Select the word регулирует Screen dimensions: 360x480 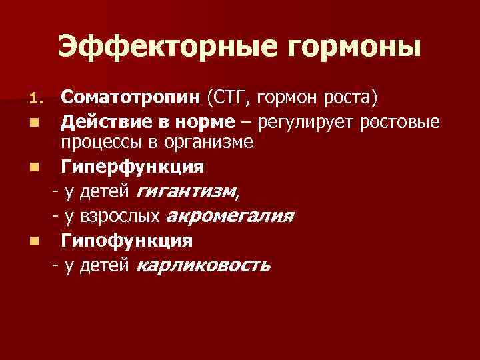pyautogui.click(x=299, y=123)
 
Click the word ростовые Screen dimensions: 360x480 pyautogui.click(x=406, y=123)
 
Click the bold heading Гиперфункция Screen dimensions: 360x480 pyautogui.click(x=133, y=165)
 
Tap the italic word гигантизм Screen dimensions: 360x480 pyautogui.click(x=186, y=192)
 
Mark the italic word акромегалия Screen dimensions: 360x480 pyautogui.click(x=229, y=216)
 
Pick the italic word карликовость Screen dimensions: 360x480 pyautogui.click(x=203, y=265)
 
